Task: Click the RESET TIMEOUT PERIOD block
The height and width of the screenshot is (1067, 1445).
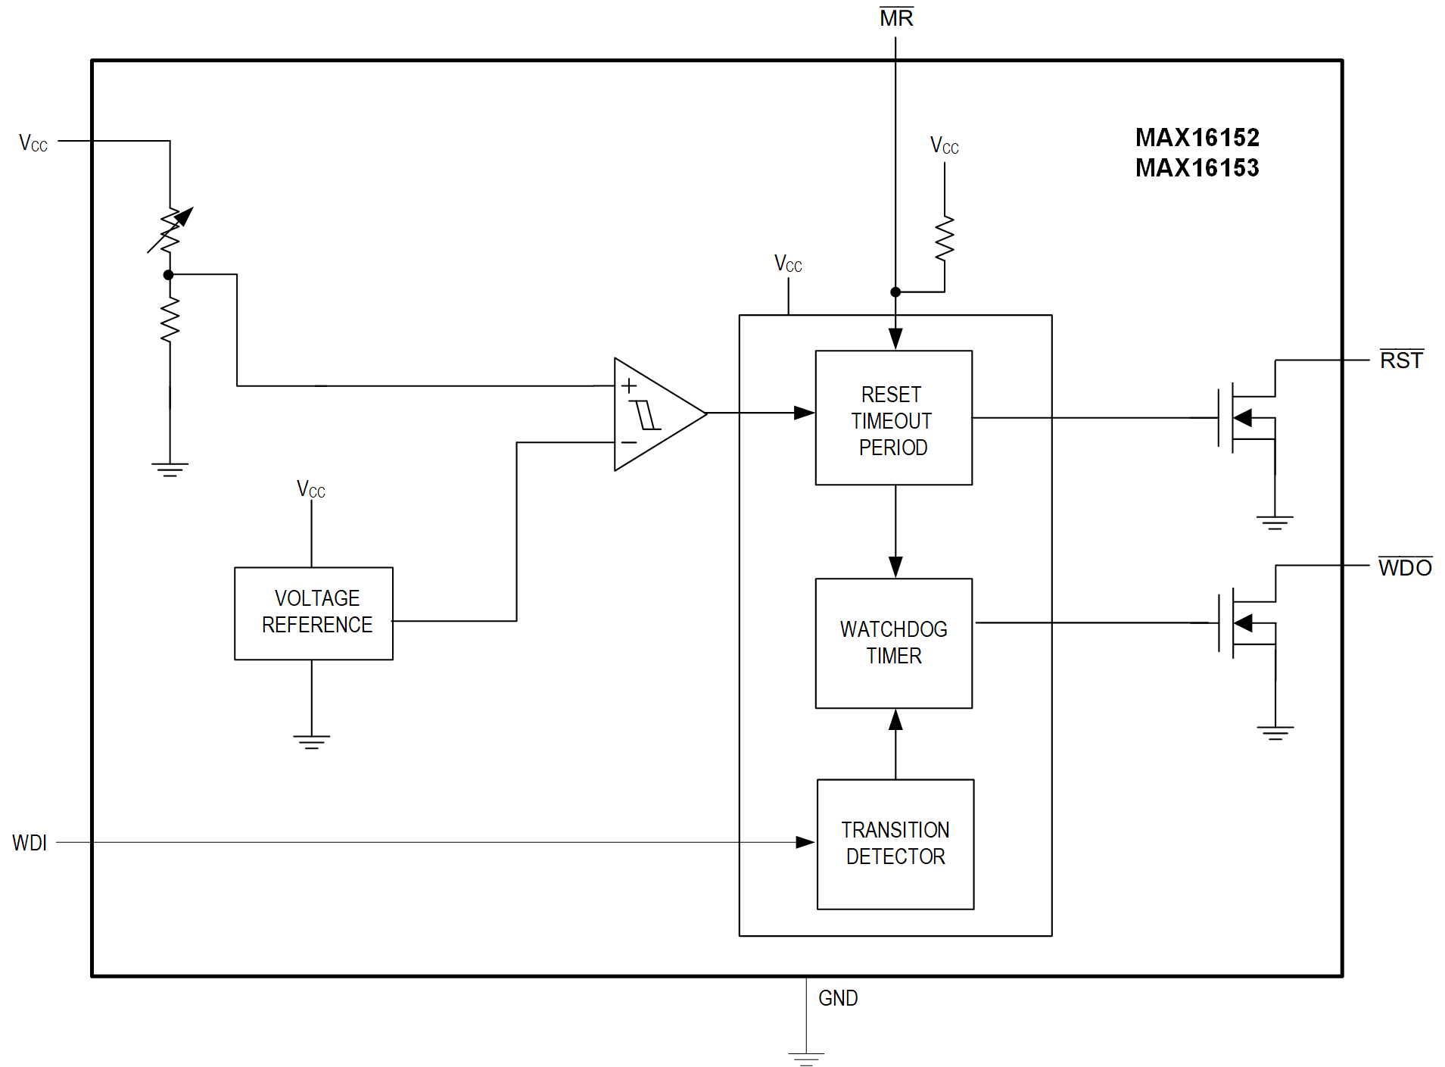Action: (893, 418)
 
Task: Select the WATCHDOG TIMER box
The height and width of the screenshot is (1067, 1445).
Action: (893, 643)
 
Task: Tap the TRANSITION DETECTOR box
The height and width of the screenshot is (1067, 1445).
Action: (895, 844)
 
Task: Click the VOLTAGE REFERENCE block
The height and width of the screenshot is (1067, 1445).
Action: (313, 613)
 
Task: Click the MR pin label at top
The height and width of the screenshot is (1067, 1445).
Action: (896, 18)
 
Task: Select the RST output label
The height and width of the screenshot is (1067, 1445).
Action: (1401, 360)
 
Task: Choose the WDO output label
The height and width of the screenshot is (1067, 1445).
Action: (1404, 568)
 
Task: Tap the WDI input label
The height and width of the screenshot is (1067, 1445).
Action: (30, 843)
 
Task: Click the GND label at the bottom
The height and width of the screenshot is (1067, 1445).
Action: (838, 998)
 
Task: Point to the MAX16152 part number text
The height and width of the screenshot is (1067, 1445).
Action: (1197, 138)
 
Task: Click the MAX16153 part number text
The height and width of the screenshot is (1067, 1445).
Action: (1197, 168)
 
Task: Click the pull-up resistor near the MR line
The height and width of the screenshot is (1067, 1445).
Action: (944, 239)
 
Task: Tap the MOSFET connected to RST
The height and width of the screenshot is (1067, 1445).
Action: (1241, 418)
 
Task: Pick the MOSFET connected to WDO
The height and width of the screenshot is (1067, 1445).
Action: (1241, 623)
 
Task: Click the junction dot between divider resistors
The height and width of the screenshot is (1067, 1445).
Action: (169, 275)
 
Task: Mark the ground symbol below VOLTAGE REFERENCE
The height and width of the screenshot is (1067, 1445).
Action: (312, 741)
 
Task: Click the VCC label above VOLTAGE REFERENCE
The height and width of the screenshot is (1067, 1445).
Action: (310, 490)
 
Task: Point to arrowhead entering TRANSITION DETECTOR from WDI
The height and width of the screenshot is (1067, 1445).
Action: (805, 842)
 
